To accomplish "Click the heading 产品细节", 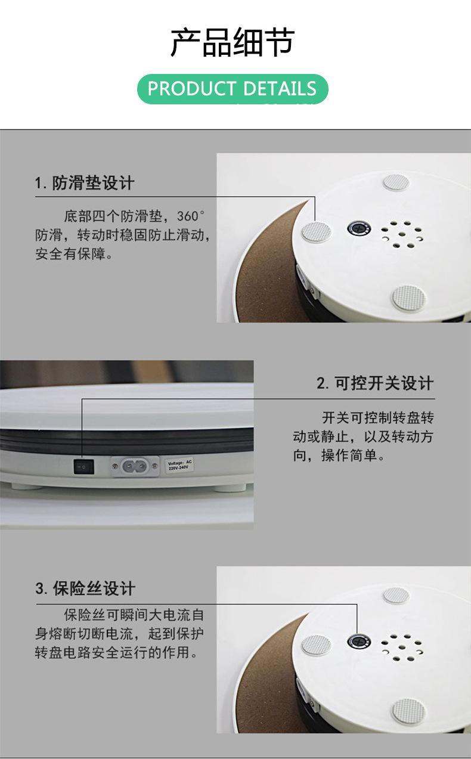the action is tap(233, 42).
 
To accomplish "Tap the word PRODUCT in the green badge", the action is tap(192, 89).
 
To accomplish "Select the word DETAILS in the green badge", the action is tap(280, 89).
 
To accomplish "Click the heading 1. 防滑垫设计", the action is tap(85, 183).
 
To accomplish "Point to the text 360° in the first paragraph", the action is tap(191, 216).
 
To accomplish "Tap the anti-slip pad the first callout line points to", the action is tap(317, 232).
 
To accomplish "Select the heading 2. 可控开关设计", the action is tap(375, 383).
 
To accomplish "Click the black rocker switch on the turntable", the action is tap(84, 467).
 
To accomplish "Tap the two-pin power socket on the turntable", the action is tap(135, 467).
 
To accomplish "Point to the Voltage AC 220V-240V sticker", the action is tap(179, 465).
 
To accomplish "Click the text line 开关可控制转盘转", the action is tap(378, 418).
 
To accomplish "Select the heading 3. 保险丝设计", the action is tap(85, 588).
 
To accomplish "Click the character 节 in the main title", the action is tap(280, 42).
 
